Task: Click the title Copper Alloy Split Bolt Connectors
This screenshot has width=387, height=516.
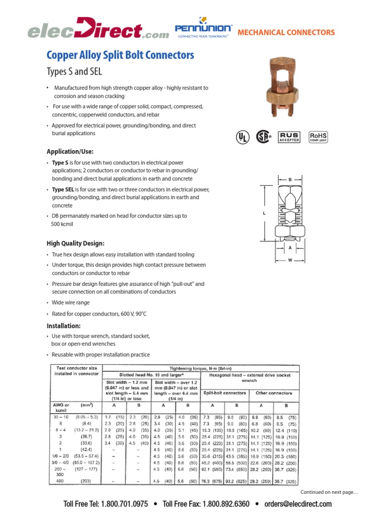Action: [x=120, y=55]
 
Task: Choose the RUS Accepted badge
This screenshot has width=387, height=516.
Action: [x=289, y=137]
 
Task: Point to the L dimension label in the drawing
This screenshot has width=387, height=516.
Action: [x=264, y=214]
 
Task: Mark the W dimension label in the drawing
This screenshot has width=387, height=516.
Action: [x=290, y=260]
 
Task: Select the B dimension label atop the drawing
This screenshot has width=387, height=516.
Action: [x=290, y=179]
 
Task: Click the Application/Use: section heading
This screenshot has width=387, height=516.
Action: [x=70, y=151]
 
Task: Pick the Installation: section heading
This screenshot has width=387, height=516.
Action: [x=64, y=326]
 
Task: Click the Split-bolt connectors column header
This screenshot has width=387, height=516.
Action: [x=225, y=393]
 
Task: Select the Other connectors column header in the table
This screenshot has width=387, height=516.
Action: [x=274, y=393]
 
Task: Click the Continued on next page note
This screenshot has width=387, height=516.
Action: [x=329, y=492]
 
